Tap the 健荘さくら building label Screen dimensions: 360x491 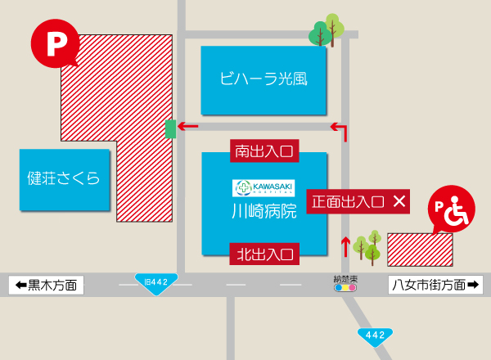coord(63,178)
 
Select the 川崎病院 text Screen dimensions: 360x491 coord(264,211)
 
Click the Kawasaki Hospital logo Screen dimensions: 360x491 coord(264,187)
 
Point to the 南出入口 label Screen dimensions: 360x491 coord(264,151)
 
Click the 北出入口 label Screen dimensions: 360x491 coord(264,254)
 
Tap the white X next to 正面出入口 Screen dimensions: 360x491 coord(399,200)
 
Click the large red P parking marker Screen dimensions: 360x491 coord(55,43)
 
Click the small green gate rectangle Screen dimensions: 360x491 coord(170,128)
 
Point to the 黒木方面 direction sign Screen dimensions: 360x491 coord(46,285)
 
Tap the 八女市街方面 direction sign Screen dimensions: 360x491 coord(435,285)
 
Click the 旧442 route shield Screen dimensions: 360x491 coord(155,283)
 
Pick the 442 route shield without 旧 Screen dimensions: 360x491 coord(374,335)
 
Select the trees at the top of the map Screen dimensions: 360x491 coord(326,31)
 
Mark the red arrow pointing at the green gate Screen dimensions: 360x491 coord(189,127)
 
